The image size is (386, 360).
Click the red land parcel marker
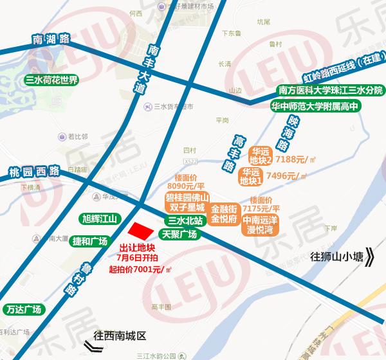click(142, 232)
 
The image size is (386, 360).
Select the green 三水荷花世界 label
click(51, 81)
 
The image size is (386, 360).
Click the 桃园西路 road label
click(33, 172)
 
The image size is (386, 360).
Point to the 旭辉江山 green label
click(98, 219)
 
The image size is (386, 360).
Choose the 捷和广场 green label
click(89, 242)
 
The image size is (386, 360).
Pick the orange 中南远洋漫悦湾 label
click(261, 223)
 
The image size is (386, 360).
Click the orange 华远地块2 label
click(262, 155)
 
